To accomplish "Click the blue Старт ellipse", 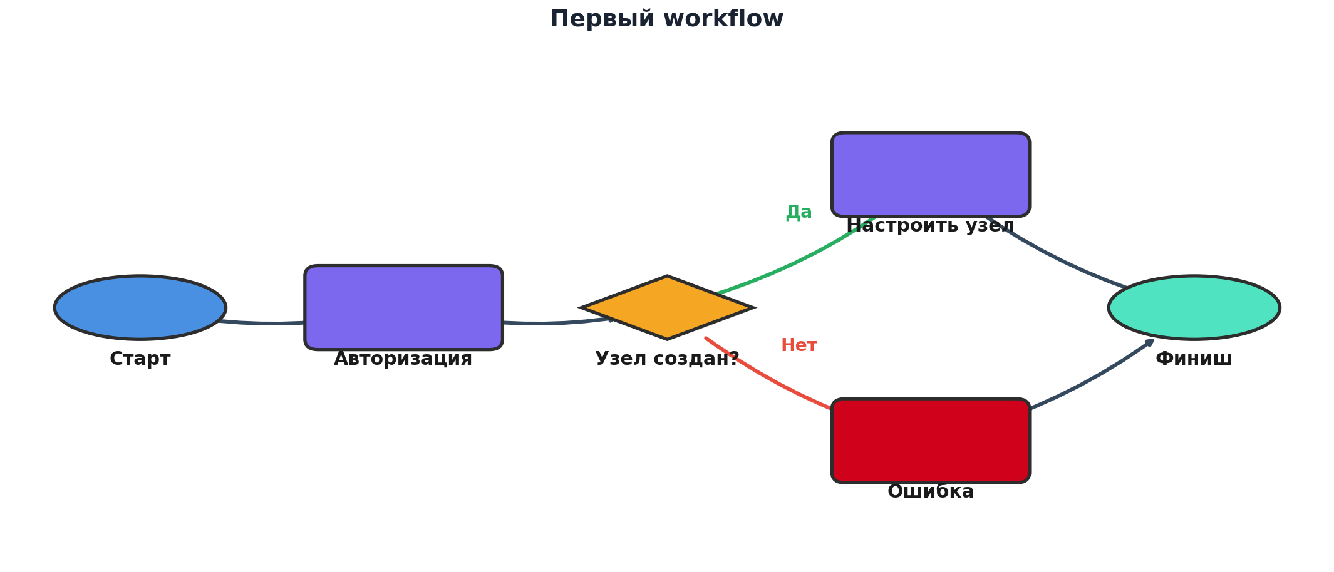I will click(140, 307).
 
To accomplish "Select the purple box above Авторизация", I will click(403, 307).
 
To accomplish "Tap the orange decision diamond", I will click(667, 307).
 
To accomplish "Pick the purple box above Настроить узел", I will click(930, 174).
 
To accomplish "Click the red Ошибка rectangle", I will click(930, 440).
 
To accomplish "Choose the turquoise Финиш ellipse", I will click(1194, 307).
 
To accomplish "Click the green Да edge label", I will click(799, 212).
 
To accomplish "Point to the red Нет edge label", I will click(799, 345).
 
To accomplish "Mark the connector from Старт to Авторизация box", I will click(269, 323).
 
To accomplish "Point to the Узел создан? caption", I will click(667, 359).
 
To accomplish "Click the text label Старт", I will click(140, 359).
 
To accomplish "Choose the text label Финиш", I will click(1194, 359).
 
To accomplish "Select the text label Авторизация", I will click(403, 359).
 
